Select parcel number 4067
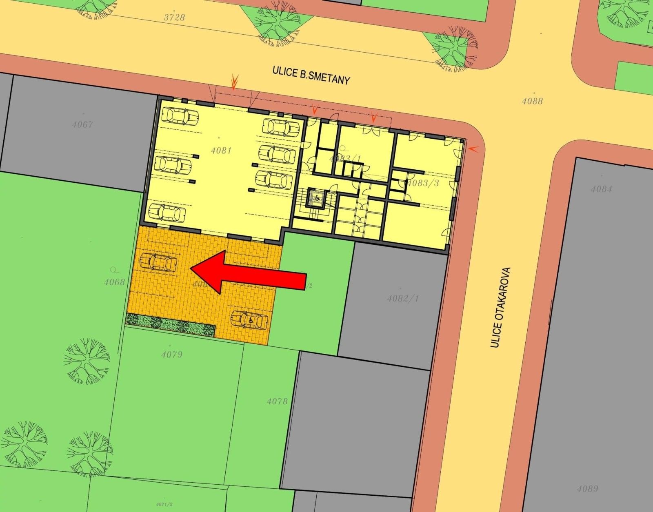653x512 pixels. pos(82,125)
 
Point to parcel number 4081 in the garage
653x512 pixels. pos(221,151)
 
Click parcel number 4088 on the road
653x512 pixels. pos(532,101)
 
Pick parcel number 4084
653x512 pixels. pos(602,189)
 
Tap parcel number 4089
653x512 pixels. pos(588,489)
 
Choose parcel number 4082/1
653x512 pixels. pos(403,298)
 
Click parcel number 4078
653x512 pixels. pos(277,401)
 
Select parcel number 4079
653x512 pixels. pos(172,354)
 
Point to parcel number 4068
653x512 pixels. pos(114,281)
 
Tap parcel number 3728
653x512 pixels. pos(174,17)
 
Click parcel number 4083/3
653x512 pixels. pos(423,183)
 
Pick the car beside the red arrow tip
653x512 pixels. pos(158,262)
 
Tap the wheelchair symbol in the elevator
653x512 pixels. pos(317,198)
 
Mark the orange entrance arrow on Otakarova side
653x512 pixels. pos(473,150)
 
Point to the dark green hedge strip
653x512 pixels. pos(170,325)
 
